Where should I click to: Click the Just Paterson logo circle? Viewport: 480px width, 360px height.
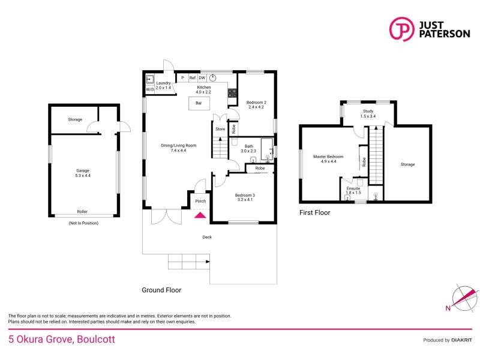pyautogui.click(x=402, y=29)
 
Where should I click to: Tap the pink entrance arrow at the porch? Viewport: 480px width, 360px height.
pyautogui.click(x=200, y=214)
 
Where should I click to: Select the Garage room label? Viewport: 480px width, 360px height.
pyautogui.click(x=83, y=171)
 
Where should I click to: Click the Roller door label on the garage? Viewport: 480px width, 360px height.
pyautogui.click(x=82, y=211)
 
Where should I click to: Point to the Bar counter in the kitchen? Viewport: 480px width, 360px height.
pyautogui.click(x=199, y=103)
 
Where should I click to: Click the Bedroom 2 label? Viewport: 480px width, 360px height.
pyautogui.click(x=256, y=103)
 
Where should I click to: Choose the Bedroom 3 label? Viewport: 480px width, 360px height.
pyautogui.click(x=245, y=196)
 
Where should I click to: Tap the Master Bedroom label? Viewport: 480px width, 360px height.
pyautogui.click(x=329, y=157)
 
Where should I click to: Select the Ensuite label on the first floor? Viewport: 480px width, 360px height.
pyautogui.click(x=353, y=188)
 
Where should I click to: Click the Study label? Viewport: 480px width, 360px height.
pyautogui.click(x=368, y=112)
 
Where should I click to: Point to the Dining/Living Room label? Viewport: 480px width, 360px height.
pyautogui.click(x=178, y=146)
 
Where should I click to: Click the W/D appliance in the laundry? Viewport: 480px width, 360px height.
pyautogui.click(x=149, y=90)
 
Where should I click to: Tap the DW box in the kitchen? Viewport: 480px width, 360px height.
pyautogui.click(x=202, y=78)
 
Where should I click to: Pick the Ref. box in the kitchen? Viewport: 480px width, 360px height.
pyautogui.click(x=193, y=78)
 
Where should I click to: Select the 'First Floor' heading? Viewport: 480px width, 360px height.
pyautogui.click(x=314, y=212)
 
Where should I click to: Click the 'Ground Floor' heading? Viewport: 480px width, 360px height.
pyautogui.click(x=161, y=290)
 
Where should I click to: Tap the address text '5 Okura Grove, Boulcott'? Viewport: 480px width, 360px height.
pyautogui.click(x=61, y=339)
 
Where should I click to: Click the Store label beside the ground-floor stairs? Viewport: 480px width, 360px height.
pyautogui.click(x=220, y=129)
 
